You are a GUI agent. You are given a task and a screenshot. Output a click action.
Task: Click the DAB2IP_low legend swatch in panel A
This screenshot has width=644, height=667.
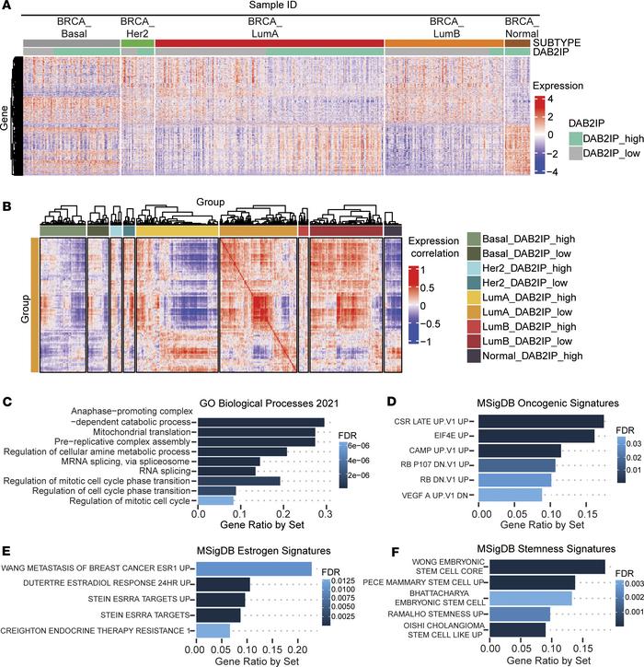(x=541, y=152)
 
